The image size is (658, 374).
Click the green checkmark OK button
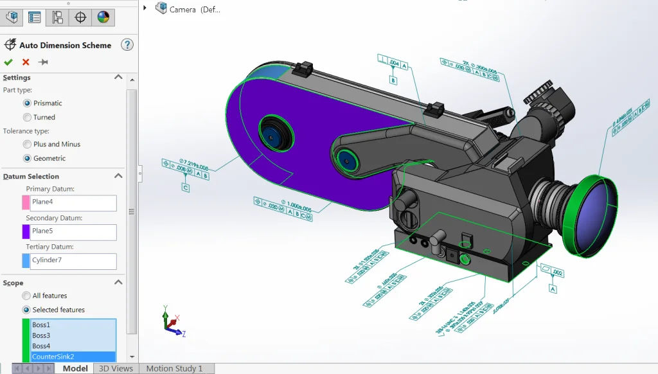(x=8, y=62)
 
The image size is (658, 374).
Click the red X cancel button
(x=26, y=62)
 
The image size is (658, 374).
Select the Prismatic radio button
(x=27, y=103)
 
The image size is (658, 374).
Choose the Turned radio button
(x=27, y=117)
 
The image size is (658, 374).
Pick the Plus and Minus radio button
(x=27, y=144)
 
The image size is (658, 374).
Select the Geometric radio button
(x=27, y=158)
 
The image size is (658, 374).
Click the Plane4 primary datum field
(x=73, y=202)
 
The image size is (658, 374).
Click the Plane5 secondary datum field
(x=73, y=231)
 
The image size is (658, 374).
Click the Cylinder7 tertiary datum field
(x=73, y=260)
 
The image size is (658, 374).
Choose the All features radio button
(x=27, y=296)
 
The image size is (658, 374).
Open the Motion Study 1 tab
(x=174, y=369)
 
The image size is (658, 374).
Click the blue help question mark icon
(x=127, y=45)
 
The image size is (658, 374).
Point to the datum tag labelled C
(x=186, y=188)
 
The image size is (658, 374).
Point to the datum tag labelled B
(x=393, y=80)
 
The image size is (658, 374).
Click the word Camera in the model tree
(x=182, y=10)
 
